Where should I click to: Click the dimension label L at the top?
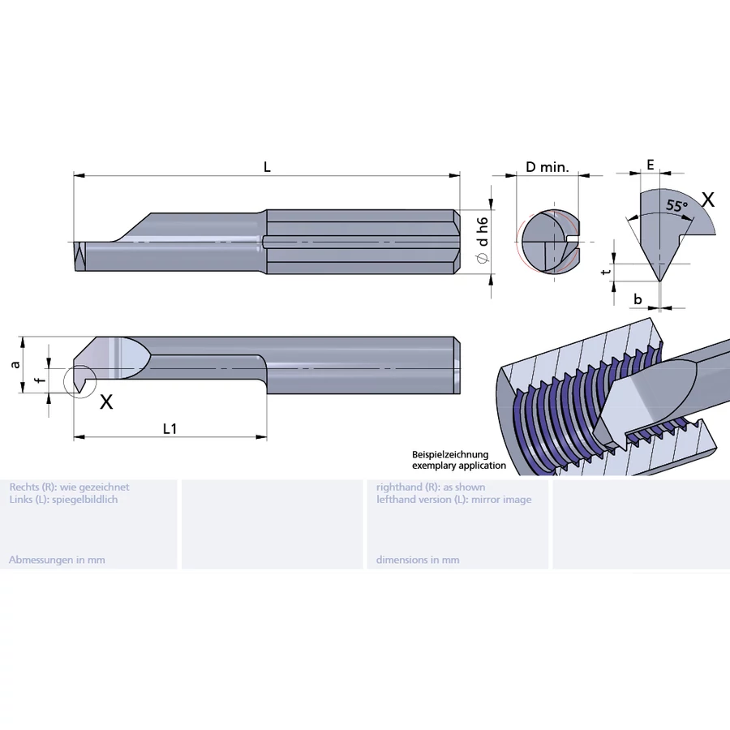click(267, 167)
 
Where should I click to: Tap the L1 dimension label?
click(170, 428)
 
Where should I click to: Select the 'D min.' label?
click(547, 167)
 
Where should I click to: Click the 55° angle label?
click(676, 206)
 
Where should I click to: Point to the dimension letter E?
click(650, 165)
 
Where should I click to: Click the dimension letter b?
click(638, 299)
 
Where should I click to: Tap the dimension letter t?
click(604, 272)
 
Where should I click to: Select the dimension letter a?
click(15, 364)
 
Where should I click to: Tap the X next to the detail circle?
click(105, 401)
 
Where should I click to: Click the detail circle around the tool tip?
click(79, 381)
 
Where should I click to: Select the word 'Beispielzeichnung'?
click(450, 455)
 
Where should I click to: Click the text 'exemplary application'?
click(459, 466)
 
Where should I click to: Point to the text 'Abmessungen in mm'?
click(57, 560)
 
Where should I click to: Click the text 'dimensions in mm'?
click(418, 560)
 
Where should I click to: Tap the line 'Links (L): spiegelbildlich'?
click(63, 500)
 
